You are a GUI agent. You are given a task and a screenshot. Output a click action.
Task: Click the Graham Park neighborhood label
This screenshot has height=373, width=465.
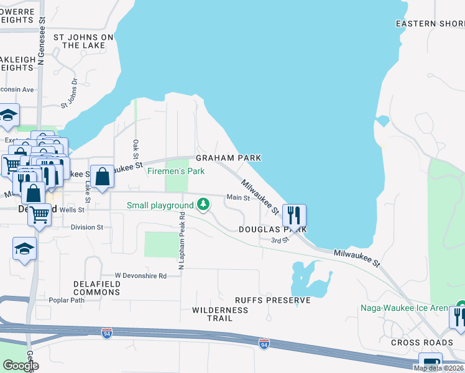[x=228, y=158]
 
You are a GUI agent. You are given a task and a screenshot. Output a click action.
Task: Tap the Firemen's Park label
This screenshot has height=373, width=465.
[x=176, y=171]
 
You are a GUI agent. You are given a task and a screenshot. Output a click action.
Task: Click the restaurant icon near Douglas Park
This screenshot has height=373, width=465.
[x=294, y=215]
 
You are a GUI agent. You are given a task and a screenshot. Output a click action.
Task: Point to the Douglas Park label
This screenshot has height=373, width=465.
[x=273, y=229]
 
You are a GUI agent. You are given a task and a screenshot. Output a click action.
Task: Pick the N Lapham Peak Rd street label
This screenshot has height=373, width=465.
[x=182, y=241]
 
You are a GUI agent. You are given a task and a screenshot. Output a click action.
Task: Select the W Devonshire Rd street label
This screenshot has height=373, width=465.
[x=140, y=275]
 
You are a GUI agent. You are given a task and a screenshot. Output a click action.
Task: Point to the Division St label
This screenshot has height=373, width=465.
[x=86, y=228]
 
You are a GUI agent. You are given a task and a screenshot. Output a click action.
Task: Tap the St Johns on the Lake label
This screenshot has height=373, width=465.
[x=84, y=41]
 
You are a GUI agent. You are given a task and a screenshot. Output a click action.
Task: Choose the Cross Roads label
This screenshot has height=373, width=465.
[x=422, y=343]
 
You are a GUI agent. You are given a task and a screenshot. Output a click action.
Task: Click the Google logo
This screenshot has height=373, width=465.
[x=21, y=366]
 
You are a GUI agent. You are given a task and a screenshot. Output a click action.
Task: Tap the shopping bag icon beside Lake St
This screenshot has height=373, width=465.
[x=102, y=177]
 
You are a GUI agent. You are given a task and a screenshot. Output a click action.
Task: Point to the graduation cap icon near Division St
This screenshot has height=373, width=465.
[x=25, y=249]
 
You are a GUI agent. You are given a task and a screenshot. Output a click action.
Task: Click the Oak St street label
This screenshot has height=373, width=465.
[x=136, y=149]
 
